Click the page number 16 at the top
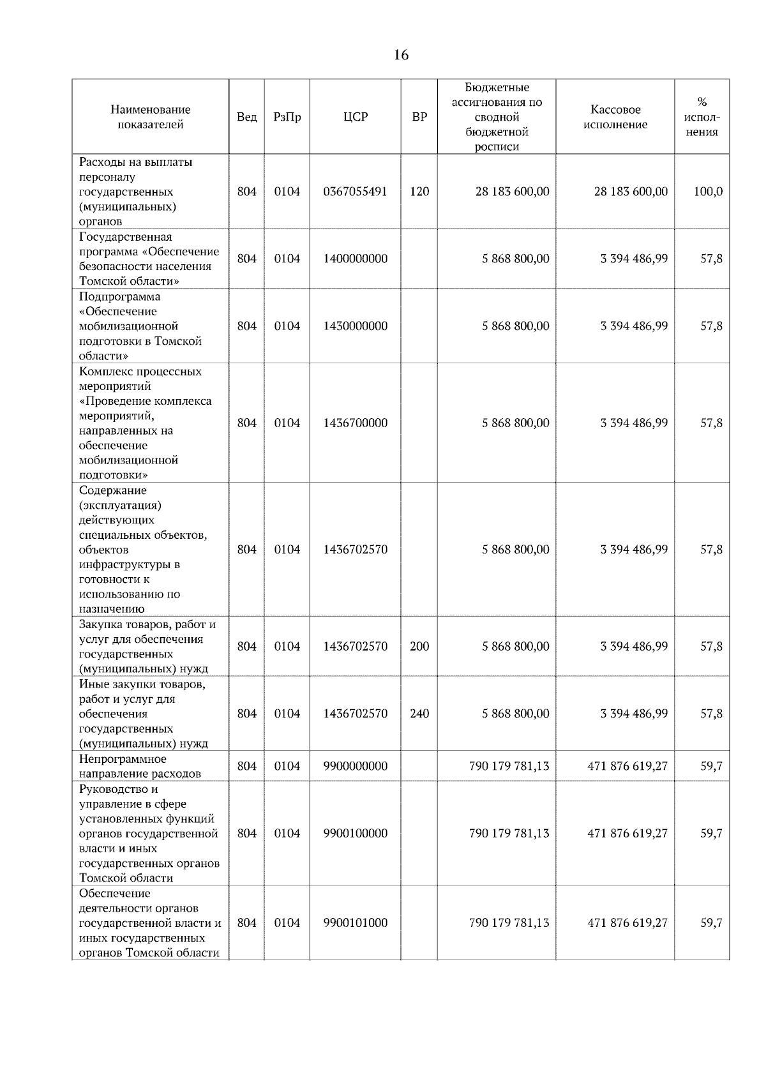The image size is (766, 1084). click(401, 55)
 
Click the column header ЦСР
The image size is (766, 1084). click(355, 117)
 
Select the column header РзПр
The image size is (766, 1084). click(287, 117)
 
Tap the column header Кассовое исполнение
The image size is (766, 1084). click(615, 117)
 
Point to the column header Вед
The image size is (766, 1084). click(246, 117)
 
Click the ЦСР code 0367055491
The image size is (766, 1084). click(355, 192)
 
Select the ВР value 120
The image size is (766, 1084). click(419, 192)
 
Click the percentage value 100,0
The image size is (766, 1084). click(708, 192)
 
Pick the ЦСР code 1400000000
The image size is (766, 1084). click(355, 259)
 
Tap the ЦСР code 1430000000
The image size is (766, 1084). click(355, 326)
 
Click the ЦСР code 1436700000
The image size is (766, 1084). click(355, 423)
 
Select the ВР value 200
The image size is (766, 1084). click(419, 646)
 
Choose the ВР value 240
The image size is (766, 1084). click(419, 713)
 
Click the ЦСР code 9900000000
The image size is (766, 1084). click(355, 766)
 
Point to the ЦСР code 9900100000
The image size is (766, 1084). click(355, 833)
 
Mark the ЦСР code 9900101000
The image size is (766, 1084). click(355, 922)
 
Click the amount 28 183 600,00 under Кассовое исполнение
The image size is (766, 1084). click(631, 192)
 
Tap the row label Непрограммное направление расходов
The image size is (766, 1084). click(140, 766)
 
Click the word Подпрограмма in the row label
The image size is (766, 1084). click(120, 296)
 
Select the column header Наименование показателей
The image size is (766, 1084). click(150, 117)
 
